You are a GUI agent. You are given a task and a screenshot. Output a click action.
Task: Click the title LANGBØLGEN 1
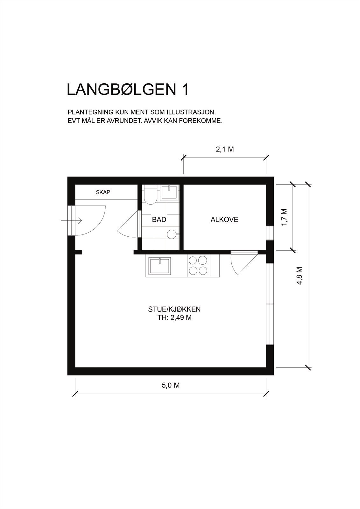click(128, 90)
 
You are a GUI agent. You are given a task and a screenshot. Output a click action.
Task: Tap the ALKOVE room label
click(224, 220)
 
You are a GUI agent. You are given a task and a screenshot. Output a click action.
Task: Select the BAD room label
click(159, 220)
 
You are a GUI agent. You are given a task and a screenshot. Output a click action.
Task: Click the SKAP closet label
click(103, 192)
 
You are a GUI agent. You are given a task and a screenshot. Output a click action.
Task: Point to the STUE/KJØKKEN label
click(174, 309)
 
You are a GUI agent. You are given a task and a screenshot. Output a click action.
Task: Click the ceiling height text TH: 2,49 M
click(174, 318)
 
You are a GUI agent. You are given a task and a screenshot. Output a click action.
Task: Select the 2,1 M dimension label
click(225, 149)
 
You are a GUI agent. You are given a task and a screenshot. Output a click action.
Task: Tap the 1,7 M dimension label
click(284, 217)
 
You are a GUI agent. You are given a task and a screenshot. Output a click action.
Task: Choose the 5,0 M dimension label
click(171, 385)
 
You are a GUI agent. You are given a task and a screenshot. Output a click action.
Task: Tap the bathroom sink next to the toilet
click(169, 192)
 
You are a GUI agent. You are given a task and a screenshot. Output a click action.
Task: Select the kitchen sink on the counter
click(159, 266)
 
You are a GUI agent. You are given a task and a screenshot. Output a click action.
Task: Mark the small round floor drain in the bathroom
click(172, 234)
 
